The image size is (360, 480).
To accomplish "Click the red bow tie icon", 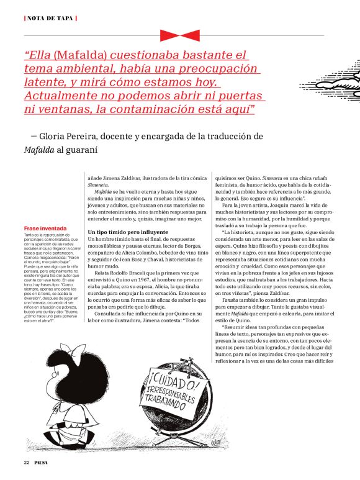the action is coord(179,35).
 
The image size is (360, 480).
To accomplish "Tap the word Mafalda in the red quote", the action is coord(83,55).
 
